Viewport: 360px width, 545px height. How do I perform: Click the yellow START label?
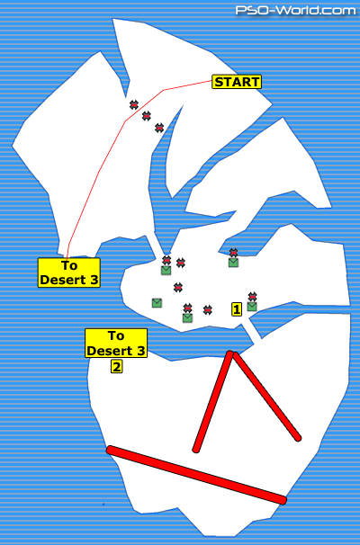click(237, 82)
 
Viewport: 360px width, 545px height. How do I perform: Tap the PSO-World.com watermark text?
click(296, 10)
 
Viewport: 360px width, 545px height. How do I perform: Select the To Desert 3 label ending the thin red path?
click(69, 272)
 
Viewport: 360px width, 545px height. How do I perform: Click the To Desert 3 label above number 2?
click(116, 343)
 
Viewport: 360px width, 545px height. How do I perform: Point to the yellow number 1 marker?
click(237, 309)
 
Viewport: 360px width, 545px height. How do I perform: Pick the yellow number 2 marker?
click(116, 366)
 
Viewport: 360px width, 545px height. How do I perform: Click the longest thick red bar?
click(196, 475)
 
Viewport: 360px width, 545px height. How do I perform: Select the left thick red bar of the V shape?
click(213, 401)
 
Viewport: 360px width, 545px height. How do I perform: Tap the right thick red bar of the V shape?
click(266, 397)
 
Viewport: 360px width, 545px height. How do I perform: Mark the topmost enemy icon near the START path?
click(134, 104)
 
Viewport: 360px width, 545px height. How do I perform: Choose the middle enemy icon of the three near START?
click(147, 116)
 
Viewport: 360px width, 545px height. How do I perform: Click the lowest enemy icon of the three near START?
click(159, 128)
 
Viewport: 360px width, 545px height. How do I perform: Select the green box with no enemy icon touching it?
click(157, 303)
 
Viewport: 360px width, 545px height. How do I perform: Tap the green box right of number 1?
click(252, 307)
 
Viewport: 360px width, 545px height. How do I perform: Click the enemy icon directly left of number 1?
click(208, 309)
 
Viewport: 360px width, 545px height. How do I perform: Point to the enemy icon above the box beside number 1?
click(253, 297)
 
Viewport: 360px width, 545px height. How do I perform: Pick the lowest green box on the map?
click(187, 317)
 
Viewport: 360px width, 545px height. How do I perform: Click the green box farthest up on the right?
click(233, 263)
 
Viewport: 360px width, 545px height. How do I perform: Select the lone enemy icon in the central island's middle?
click(178, 287)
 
